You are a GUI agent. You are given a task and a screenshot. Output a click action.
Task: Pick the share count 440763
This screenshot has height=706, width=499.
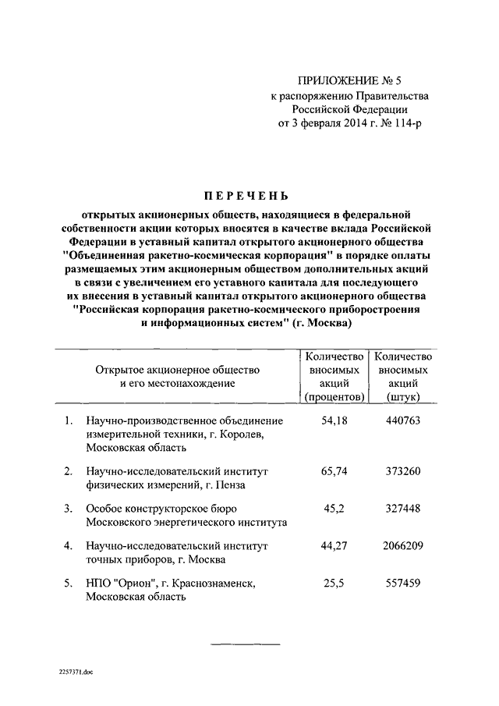(403, 421)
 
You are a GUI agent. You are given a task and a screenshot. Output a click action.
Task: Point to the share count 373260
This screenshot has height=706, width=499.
(403, 471)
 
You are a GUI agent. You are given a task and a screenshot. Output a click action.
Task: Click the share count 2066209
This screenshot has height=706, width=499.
(403, 546)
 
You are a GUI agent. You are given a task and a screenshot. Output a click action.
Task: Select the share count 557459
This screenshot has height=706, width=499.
(403, 584)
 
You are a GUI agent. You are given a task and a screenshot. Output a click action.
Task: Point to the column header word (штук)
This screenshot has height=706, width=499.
(403, 397)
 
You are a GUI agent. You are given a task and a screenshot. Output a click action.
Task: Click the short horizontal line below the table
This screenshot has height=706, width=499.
(246, 644)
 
